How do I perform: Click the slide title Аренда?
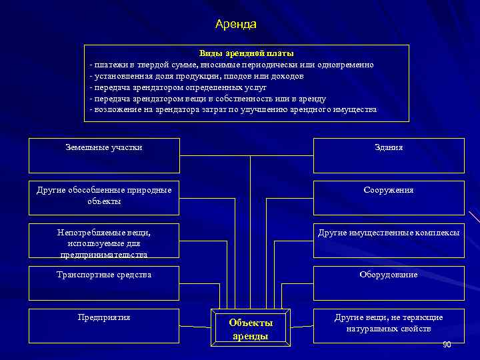coord(236,24)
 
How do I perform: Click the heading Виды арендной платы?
coord(246,53)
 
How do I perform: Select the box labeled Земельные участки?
coord(104,155)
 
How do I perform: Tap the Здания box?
coord(389,155)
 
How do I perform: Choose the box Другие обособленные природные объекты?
coord(104,197)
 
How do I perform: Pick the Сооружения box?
coord(389,197)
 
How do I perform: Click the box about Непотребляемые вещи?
coord(104,241)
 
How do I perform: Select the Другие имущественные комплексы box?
coord(389,241)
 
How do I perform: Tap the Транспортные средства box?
coord(104,283)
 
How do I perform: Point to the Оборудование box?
coord(389,283)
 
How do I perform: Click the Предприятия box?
coord(104,325)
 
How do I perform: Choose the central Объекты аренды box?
coord(251,329)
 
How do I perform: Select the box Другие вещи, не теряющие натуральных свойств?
coord(389,325)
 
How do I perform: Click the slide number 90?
coord(447,344)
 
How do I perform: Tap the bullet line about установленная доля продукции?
coord(197,76)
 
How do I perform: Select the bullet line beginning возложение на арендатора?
coord(233,110)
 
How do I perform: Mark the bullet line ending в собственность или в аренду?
coord(207,99)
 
